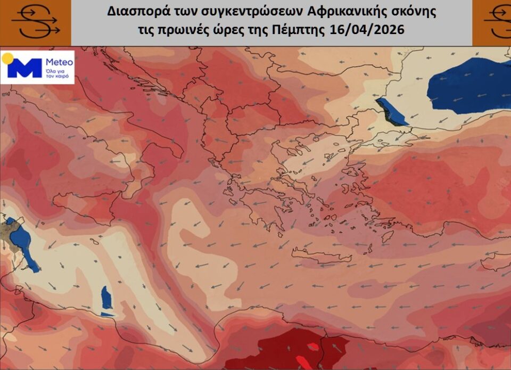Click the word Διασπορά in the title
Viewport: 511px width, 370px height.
pyautogui.click(x=132, y=12)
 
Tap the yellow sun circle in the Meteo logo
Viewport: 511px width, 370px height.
pyautogui.click(x=8, y=58)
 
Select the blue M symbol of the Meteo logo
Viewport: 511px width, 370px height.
pyautogui.click(x=24, y=68)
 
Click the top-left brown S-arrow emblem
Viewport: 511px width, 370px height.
pyautogui.click(x=35, y=22)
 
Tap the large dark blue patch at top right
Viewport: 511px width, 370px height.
pyautogui.click(x=468, y=85)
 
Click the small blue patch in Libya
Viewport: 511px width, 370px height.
pyautogui.click(x=106, y=298)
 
